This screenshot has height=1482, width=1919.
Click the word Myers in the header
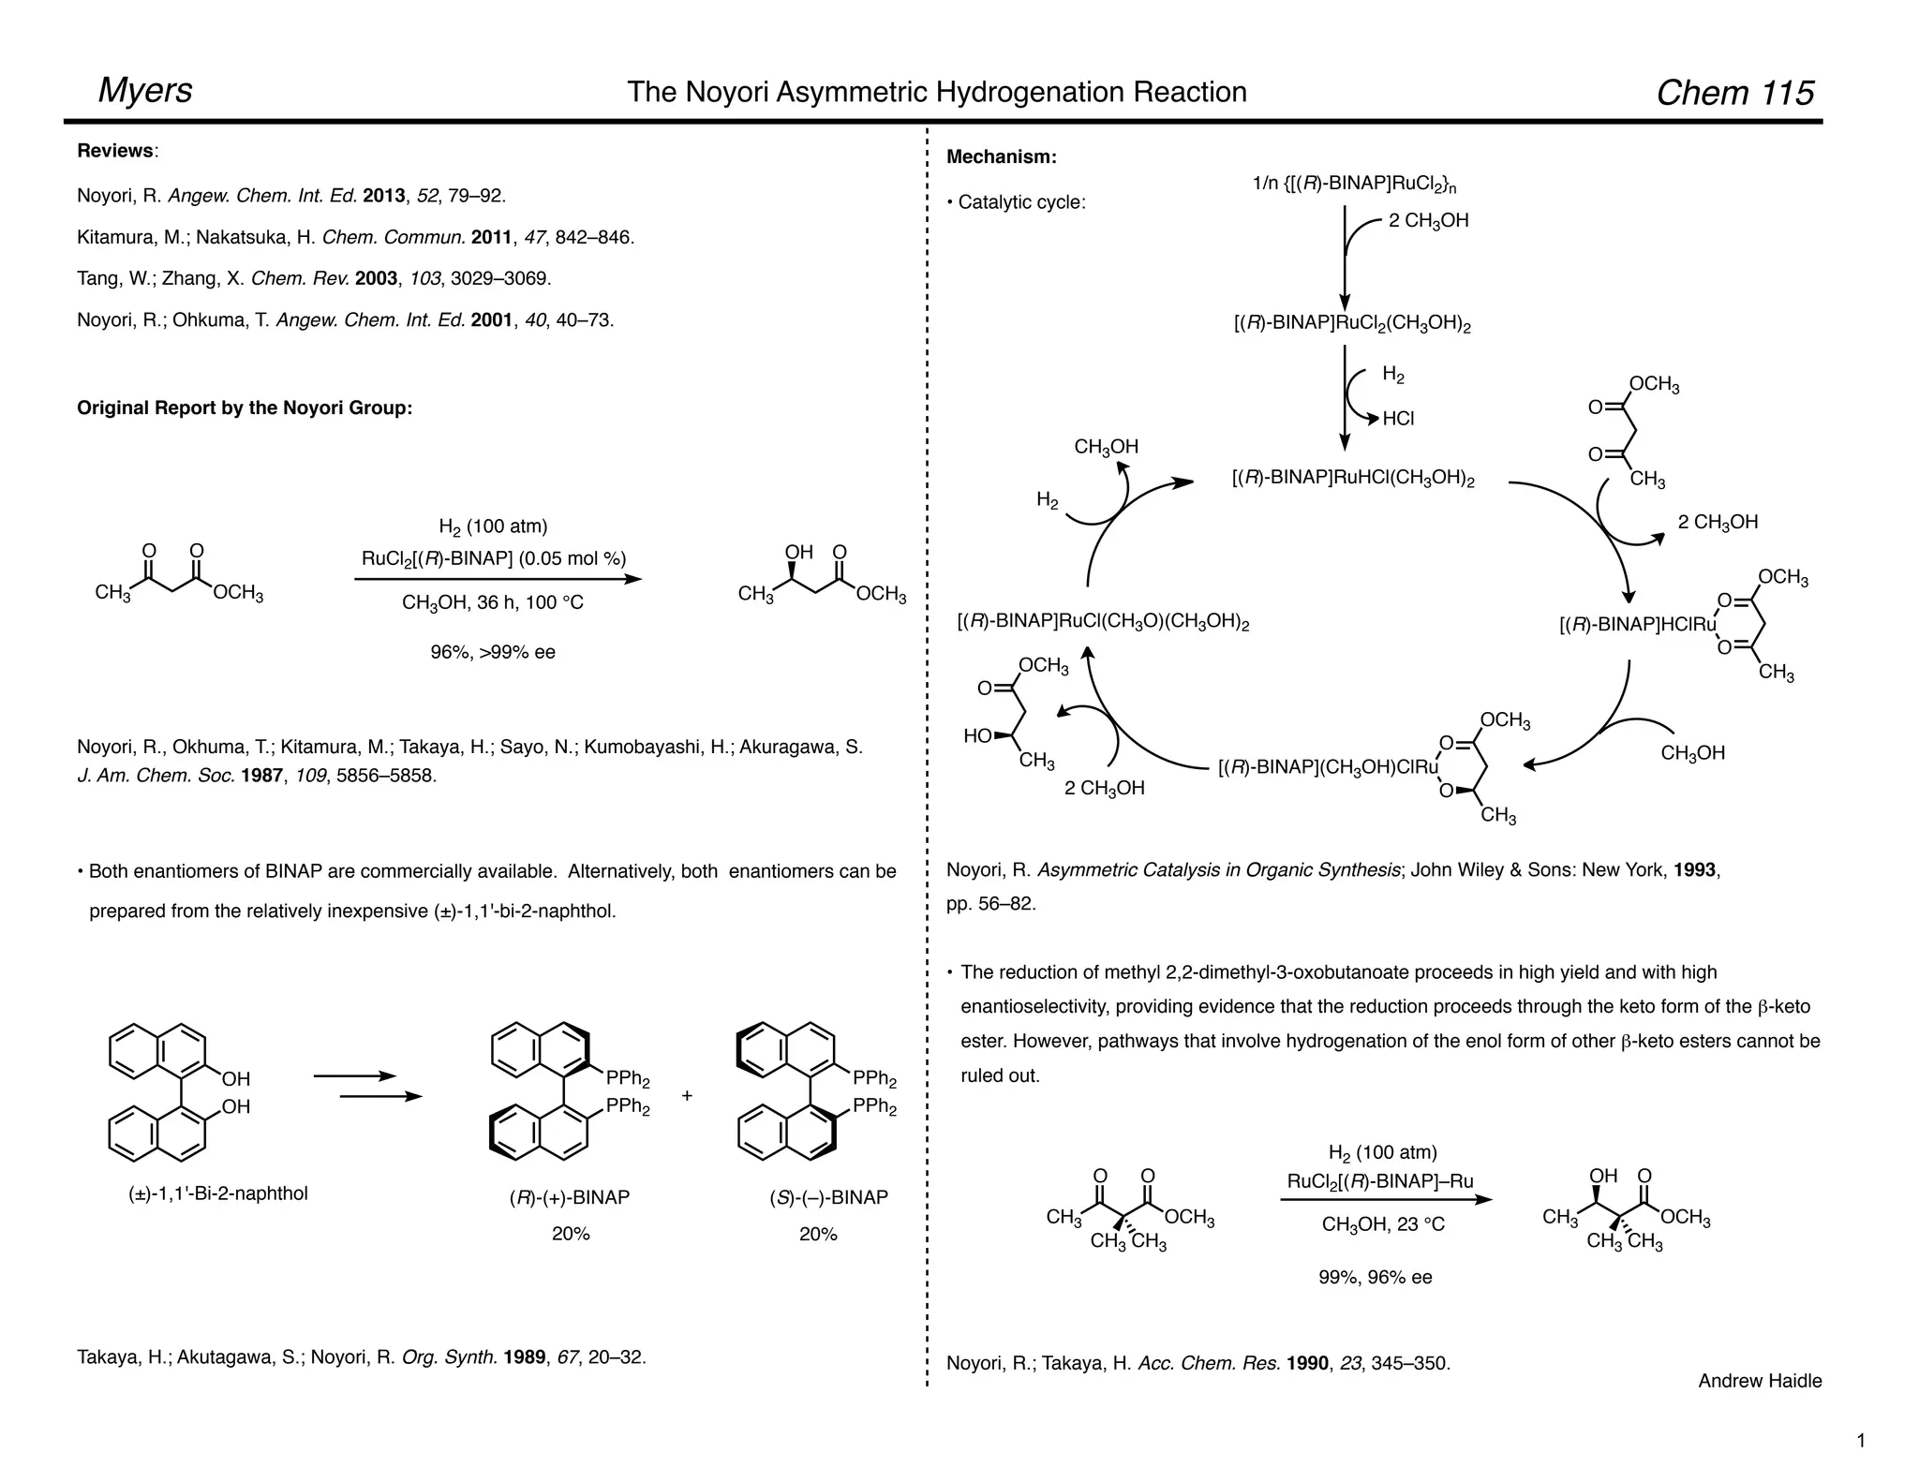click(145, 91)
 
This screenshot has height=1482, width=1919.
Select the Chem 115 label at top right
click(1734, 93)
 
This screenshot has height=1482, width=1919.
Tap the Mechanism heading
click(1001, 157)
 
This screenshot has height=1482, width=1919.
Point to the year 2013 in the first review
click(383, 196)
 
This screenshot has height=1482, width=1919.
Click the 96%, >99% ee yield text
click(493, 652)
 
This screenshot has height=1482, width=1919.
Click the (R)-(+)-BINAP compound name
click(570, 1197)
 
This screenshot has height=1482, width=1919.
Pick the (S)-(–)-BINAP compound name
click(818, 1197)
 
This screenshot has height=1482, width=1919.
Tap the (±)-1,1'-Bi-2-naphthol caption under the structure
click(218, 1193)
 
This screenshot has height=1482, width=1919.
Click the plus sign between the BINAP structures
click(687, 1095)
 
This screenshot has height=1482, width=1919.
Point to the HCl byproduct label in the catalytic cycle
click(1398, 419)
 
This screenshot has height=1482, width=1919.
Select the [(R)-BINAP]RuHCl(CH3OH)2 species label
click(1353, 478)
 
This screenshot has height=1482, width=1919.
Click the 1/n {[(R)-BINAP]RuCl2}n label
click(1354, 185)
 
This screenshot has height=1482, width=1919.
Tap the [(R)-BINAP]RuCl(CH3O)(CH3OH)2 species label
click(1103, 622)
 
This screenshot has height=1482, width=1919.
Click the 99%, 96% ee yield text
click(1375, 1278)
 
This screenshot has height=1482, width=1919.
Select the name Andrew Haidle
click(1760, 1381)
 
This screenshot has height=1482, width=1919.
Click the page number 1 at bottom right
click(1861, 1441)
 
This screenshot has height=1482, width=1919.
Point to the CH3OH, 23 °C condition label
click(1383, 1224)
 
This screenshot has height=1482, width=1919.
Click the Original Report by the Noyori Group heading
click(245, 408)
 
